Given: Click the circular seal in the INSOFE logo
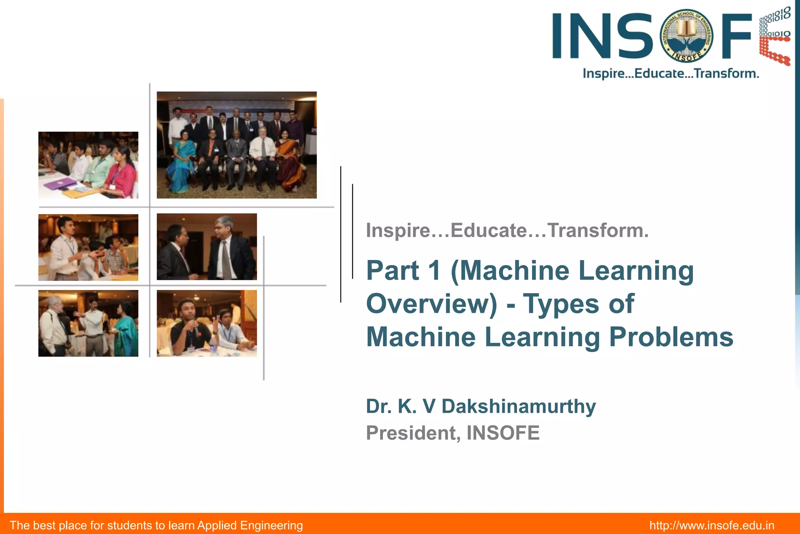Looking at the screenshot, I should click(686, 36).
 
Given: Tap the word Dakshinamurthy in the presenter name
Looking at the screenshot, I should click(518, 407).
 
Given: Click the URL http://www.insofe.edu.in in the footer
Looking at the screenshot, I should click(712, 525).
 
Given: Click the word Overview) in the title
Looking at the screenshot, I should click(432, 304).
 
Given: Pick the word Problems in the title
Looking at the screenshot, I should click(671, 337).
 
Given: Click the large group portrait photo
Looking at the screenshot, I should click(236, 145).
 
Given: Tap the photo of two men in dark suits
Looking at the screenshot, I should click(207, 247).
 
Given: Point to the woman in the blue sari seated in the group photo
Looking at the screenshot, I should click(180, 160).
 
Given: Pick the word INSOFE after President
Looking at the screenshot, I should click(503, 433).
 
